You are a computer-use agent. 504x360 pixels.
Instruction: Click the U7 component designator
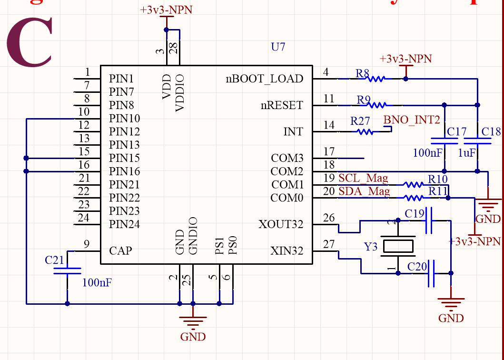click(278, 47)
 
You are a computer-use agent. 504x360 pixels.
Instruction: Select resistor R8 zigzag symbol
click(376, 79)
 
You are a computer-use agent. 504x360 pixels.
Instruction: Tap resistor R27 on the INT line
click(365, 132)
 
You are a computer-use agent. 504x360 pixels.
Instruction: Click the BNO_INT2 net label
click(412, 120)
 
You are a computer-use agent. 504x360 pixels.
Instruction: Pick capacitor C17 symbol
click(444, 140)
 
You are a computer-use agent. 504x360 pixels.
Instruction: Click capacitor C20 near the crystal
click(431, 273)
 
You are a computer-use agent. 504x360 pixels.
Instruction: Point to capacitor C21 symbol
click(67, 270)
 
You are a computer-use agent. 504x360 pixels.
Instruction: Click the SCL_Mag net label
click(363, 179)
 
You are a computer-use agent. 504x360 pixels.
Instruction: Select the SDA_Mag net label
click(364, 191)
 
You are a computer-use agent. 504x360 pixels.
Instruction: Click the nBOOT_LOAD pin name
click(264, 79)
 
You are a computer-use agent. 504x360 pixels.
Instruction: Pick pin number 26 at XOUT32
click(329, 218)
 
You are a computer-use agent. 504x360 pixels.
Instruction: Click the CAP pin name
click(120, 250)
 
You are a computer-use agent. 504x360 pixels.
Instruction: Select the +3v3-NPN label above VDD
click(166, 10)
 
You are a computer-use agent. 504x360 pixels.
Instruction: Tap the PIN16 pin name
click(124, 171)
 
